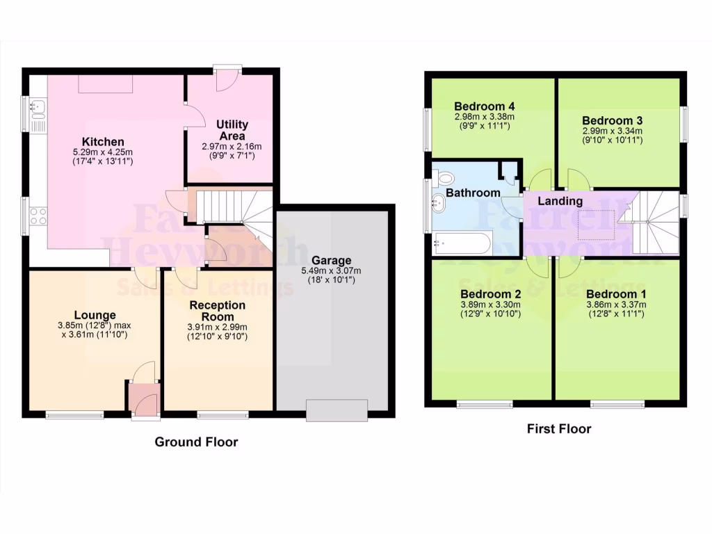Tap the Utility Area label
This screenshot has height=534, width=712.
pos(232,130)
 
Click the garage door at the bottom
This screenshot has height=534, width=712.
pos(337,410)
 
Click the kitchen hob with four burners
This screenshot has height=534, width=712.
pos(38,216)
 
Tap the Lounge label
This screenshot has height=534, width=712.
pos(96,315)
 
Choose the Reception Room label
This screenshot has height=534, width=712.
pos(218,311)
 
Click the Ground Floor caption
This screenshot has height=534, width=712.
pos(196,442)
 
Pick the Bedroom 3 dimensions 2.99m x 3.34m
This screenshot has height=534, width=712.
pos(612,131)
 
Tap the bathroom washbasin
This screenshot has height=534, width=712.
pos(439,204)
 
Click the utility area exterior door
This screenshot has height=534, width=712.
pos(227,78)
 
